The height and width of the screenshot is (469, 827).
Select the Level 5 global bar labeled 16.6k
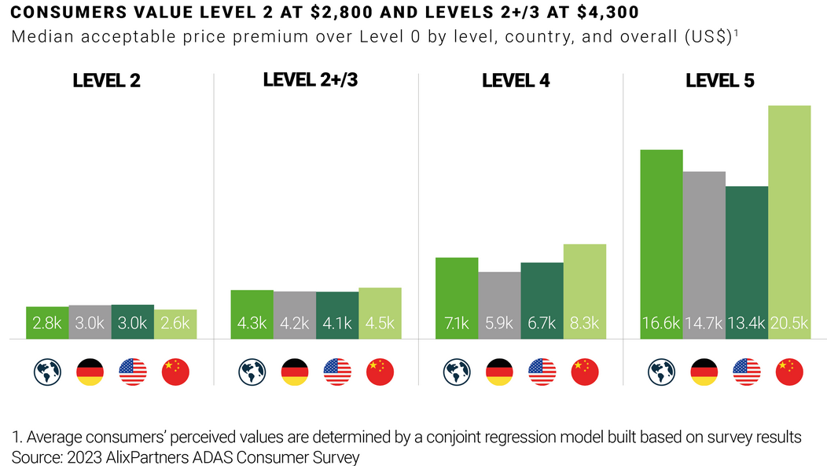point(661,244)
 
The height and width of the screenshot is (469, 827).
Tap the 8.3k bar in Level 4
point(585,291)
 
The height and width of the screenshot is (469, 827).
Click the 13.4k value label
point(746,323)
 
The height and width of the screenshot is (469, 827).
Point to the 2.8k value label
point(47,323)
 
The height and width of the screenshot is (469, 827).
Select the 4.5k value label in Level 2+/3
point(380,323)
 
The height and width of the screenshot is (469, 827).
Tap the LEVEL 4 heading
point(516,80)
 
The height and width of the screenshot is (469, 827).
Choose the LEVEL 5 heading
point(720,80)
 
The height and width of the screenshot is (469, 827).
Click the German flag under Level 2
point(90,372)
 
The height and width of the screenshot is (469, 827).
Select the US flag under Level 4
point(542,372)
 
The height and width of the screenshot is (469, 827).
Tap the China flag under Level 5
point(789,372)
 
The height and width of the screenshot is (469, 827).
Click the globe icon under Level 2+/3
point(252,372)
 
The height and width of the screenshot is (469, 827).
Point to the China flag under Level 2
point(175,372)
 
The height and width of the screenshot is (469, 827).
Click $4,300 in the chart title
point(604,13)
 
